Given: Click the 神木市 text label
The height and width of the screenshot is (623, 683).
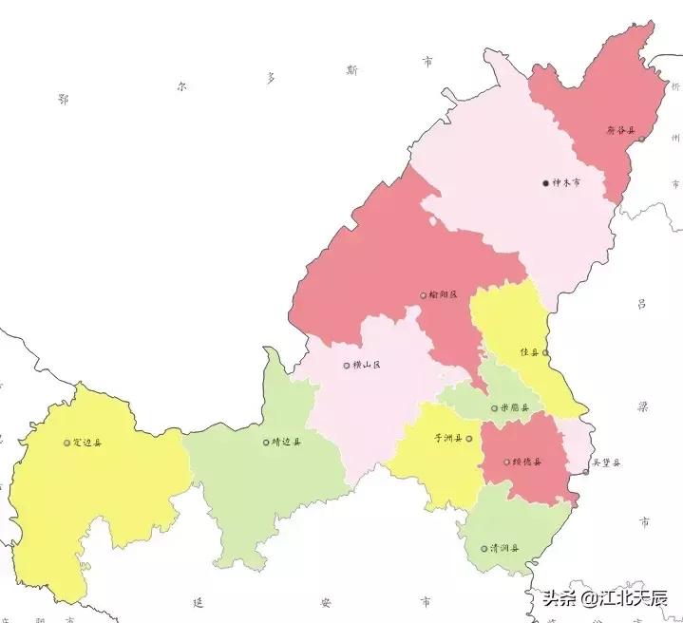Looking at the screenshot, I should [567, 183].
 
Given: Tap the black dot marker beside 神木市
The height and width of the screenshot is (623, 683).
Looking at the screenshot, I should [546, 183].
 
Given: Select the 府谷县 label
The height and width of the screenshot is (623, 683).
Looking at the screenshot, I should [620, 130].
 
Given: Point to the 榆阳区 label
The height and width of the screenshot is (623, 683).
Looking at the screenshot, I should [444, 295].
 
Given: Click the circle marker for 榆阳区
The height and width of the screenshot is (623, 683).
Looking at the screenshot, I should [424, 295].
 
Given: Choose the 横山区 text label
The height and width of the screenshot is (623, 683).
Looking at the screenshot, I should [367, 365].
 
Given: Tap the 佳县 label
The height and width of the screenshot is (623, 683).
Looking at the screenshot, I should [529, 352].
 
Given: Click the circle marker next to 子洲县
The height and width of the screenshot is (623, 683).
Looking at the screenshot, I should [468, 439].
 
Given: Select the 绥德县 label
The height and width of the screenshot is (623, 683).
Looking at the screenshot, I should [526, 463].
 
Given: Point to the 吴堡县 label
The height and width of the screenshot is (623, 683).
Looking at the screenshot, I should [605, 463].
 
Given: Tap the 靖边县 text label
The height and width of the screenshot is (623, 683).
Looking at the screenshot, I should [286, 442].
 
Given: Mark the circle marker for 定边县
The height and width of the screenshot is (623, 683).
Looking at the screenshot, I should [66, 442].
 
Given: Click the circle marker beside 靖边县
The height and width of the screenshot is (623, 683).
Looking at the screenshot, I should [266, 442].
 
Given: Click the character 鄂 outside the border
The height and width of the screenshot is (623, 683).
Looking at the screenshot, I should [63, 99].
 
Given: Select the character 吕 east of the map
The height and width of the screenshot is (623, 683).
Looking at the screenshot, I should [641, 305].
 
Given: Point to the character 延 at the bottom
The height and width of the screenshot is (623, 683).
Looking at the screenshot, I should [198, 603].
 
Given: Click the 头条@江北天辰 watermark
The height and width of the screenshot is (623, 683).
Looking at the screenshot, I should [604, 598].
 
